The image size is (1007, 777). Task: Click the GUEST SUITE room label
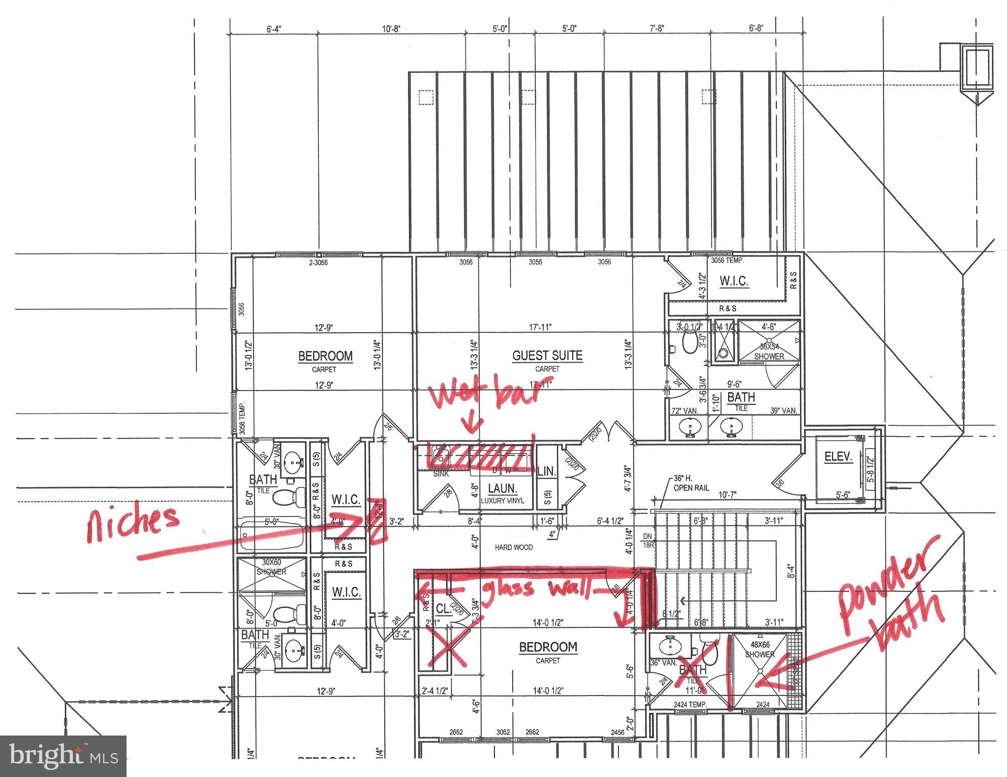[547, 356]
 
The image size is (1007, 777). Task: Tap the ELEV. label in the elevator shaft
[838, 457]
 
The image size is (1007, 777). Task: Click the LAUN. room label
[502, 489]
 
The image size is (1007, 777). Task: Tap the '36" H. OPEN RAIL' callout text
[691, 483]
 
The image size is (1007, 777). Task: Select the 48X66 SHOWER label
[760, 650]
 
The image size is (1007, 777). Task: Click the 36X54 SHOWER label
[769, 352]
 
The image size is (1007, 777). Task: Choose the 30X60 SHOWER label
[271, 567]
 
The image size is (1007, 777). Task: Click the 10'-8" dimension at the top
[391, 29]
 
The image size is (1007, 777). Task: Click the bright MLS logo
[63, 756]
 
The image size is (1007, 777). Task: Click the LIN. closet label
[547, 471]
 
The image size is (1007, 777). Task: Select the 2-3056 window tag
[318, 263]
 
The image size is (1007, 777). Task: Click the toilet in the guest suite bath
[689, 343]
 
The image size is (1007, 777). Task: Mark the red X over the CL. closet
[448, 646]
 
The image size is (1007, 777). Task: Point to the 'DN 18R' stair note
[648, 541]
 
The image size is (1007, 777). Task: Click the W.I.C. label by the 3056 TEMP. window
[734, 281]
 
